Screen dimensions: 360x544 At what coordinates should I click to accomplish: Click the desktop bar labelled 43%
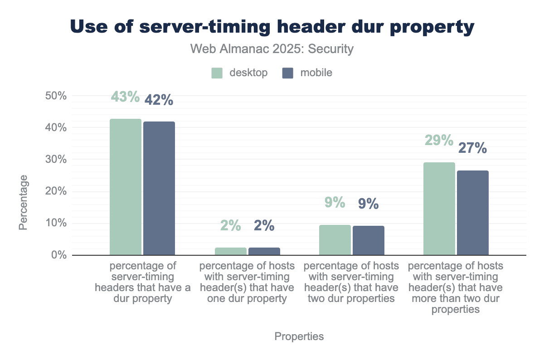point(126,187)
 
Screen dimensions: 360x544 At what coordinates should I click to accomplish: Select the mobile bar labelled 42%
point(159,188)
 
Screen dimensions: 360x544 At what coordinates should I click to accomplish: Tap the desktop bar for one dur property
point(230,251)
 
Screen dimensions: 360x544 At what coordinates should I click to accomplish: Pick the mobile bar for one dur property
point(264,251)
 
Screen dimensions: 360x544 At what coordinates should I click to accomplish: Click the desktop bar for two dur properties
point(335,240)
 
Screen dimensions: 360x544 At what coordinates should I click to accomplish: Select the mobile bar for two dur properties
point(369,240)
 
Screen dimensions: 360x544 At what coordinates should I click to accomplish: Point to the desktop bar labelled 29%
point(439,209)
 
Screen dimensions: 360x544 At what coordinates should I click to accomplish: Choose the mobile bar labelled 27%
point(473,213)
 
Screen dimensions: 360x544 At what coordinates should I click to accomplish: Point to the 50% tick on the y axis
point(57,96)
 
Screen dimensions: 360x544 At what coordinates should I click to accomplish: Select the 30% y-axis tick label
point(57,160)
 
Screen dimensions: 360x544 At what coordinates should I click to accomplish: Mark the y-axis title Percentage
point(24,202)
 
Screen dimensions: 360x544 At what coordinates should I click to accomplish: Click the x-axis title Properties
point(299,336)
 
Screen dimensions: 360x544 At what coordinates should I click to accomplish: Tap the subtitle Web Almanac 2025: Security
point(272,49)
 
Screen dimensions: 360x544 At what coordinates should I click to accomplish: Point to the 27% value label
point(473,148)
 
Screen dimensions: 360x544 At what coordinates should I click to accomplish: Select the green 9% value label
point(335,202)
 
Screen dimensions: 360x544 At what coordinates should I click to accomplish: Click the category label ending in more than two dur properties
point(456,287)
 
